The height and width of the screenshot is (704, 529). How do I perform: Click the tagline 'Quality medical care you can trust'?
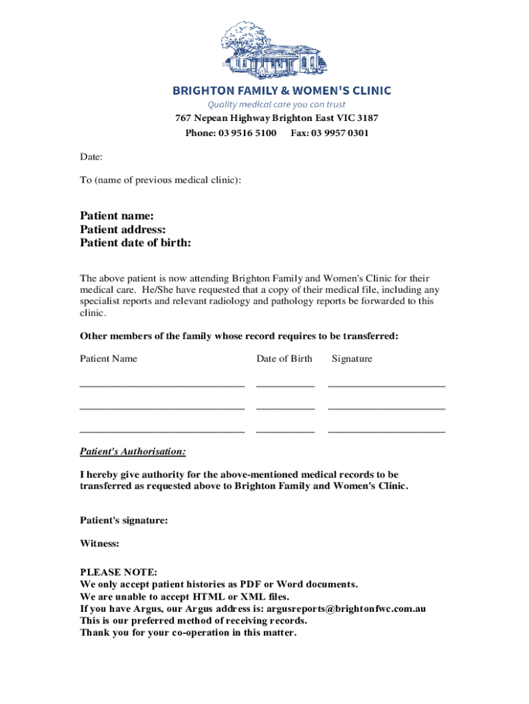tap(277, 104)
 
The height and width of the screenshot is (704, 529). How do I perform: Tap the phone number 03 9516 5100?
tap(247, 133)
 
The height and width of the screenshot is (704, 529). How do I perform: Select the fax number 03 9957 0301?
tap(339, 133)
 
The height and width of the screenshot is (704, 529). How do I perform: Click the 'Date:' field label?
tap(91, 157)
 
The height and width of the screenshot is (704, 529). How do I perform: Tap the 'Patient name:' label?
tap(117, 216)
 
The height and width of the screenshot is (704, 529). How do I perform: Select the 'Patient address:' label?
tap(123, 230)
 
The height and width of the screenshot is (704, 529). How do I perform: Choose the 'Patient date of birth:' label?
tap(135, 243)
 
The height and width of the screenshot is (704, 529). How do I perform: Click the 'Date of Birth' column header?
tap(284, 358)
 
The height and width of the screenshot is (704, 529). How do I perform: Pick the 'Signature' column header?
tap(352, 358)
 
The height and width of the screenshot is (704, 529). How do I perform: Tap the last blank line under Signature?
tap(386, 432)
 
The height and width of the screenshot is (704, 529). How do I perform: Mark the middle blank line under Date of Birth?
tap(285, 409)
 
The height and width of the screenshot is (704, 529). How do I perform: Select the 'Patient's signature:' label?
tap(124, 520)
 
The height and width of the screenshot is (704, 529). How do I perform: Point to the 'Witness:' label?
tap(100, 543)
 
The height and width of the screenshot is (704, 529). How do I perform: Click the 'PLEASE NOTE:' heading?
tap(119, 572)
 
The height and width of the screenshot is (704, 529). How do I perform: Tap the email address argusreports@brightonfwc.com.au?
tap(341, 608)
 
